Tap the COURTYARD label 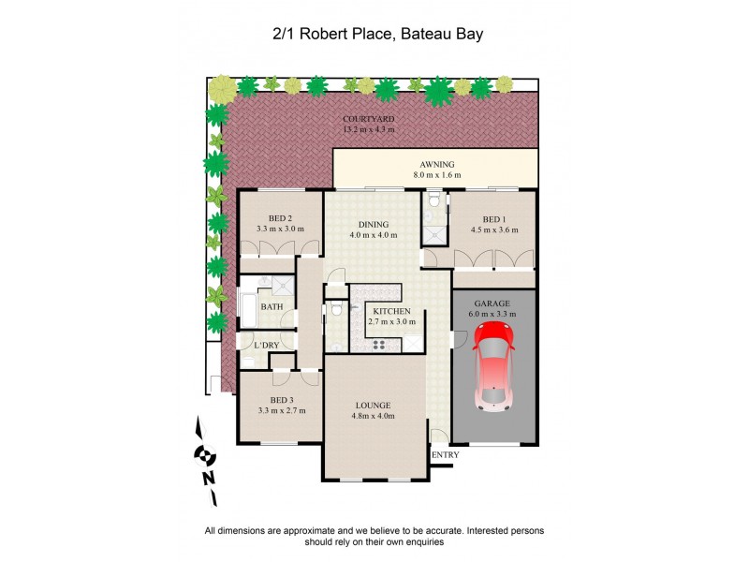[x=368, y=120]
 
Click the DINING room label [x=374, y=224]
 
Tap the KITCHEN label [x=392, y=311]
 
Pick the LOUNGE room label [x=373, y=406]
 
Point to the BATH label [x=272, y=306]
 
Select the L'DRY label [x=267, y=346]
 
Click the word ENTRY [x=446, y=455]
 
